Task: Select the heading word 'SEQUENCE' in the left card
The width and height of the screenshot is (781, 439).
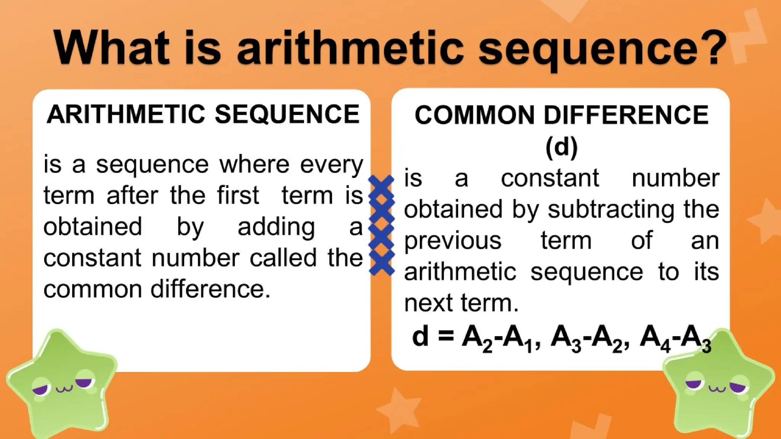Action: click(x=287, y=114)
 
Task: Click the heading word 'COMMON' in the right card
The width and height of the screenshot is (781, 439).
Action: click(x=474, y=115)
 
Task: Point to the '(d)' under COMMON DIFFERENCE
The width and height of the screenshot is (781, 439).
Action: click(x=561, y=147)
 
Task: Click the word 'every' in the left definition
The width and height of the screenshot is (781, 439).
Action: click(x=331, y=165)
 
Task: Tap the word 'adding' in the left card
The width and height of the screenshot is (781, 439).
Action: click(x=276, y=227)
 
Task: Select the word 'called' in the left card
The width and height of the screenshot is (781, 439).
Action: click(x=283, y=258)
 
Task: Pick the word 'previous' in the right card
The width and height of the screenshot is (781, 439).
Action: click(x=453, y=241)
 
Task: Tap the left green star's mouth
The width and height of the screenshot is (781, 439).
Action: click(x=64, y=389)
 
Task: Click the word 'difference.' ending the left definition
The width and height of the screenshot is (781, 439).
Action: click(x=210, y=289)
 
